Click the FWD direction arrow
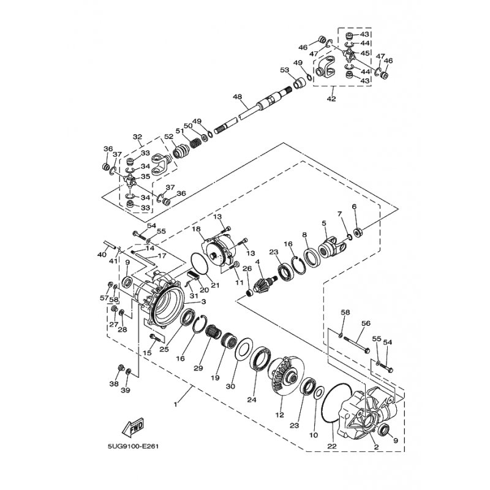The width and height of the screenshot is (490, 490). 133,427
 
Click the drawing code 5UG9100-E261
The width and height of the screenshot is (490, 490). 133,447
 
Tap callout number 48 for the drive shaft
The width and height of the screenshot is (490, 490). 238,97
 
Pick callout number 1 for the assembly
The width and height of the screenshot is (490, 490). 176,404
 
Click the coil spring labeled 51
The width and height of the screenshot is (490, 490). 196,143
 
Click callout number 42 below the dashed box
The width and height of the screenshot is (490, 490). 331,99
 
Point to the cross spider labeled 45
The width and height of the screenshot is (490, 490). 349,55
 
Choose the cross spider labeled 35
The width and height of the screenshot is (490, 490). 130,181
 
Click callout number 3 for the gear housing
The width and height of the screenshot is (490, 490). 203,301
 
